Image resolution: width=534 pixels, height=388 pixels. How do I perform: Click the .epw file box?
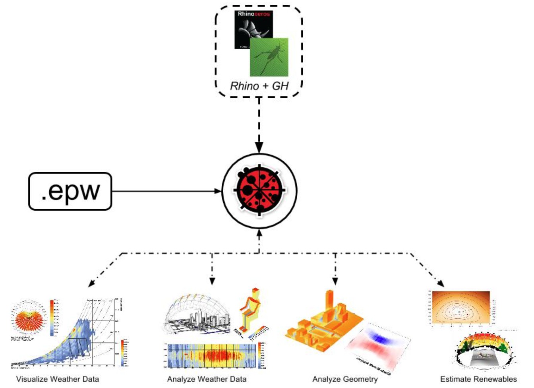(70, 191)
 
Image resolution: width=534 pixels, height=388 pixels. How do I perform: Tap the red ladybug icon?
(259, 191)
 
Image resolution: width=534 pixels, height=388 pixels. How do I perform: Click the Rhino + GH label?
(259, 86)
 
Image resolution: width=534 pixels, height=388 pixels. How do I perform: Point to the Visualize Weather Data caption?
(57, 379)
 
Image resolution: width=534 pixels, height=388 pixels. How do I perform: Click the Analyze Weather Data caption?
(207, 379)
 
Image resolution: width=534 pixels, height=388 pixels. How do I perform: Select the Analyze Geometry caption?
(345, 379)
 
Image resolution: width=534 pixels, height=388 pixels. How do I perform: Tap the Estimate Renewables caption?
(478, 379)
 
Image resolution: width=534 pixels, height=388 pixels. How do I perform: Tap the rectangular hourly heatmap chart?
(213, 355)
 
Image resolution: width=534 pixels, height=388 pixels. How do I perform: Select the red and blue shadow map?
(377, 344)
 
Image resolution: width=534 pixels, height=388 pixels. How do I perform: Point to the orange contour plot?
(461, 307)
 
